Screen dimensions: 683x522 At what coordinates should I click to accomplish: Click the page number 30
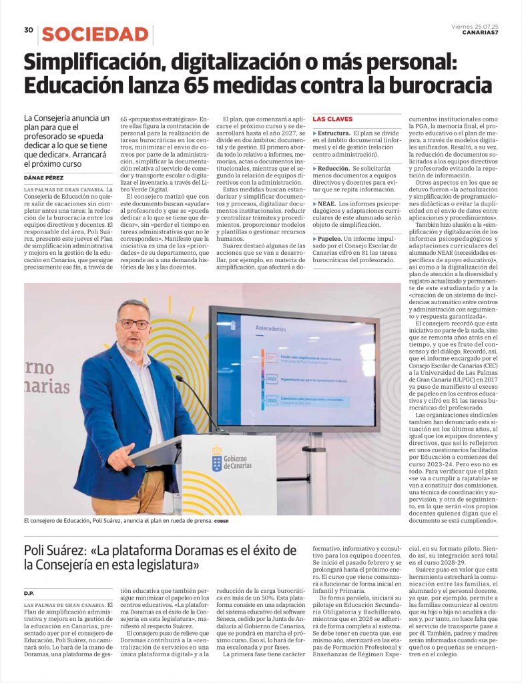tap(29, 30)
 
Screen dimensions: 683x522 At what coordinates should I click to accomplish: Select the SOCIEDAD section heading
tap(95, 35)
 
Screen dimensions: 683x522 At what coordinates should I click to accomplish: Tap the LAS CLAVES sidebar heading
tap(332, 119)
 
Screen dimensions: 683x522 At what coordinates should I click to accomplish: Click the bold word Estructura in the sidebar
tap(334, 133)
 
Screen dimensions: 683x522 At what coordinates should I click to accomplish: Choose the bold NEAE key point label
tap(327, 203)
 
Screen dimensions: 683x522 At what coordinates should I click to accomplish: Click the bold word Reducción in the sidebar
tap(334, 169)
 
